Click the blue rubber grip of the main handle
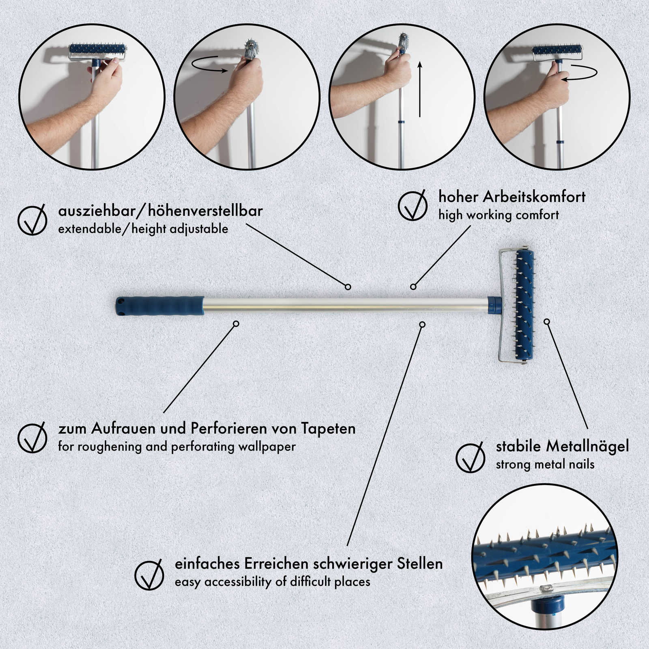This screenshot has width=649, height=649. click(160, 306)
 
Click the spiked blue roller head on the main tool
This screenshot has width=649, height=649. click(524, 305)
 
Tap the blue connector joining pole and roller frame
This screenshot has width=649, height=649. click(494, 305)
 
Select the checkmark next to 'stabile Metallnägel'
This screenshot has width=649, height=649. click(471, 457)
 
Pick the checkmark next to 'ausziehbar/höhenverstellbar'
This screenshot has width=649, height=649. click(32, 219)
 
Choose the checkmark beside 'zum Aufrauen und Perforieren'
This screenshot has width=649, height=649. click(32, 437)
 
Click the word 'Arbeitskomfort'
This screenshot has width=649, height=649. click(534, 197)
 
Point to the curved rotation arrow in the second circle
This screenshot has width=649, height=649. click(209, 65)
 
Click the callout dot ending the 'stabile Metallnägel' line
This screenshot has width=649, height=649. click(547, 322)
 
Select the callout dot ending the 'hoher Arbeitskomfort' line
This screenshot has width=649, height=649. click(413, 287)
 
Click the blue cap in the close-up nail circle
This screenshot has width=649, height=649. click(548, 604)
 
